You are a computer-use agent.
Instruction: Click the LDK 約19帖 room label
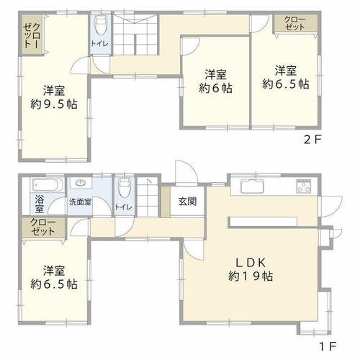pyautogui.click(x=251, y=269)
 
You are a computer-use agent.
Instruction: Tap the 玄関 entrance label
pyautogui.click(x=187, y=202)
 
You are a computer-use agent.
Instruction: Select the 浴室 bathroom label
pyautogui.click(x=40, y=204)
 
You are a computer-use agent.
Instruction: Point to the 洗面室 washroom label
pyautogui.click(x=80, y=202)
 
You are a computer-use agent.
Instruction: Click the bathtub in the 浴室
pyautogui.click(x=48, y=185)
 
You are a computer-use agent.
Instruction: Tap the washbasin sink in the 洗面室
pyautogui.click(x=81, y=184)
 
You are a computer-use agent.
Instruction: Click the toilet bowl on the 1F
pyautogui.click(x=125, y=187)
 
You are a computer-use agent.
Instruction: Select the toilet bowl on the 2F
pyautogui.click(x=101, y=25)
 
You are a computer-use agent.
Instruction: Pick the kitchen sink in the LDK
pyautogui.click(x=252, y=186)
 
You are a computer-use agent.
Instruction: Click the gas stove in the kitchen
pyautogui.click(x=304, y=186)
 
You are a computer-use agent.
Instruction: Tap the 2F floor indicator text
pyautogui.click(x=312, y=140)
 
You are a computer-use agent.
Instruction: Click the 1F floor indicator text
pyautogui.click(x=328, y=346)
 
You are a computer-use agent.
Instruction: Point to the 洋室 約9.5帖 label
pyautogui.click(x=54, y=98)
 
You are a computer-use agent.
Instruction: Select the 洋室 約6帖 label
pyautogui.click(x=215, y=81)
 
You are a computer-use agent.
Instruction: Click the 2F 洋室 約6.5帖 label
pyautogui.click(x=286, y=77)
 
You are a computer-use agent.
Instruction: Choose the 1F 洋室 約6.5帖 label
pyautogui.click(x=54, y=278)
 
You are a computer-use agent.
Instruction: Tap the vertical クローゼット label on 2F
pyautogui.click(x=32, y=35)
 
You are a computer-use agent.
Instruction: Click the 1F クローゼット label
pyautogui.click(x=43, y=228)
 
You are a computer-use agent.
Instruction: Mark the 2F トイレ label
pyautogui.click(x=99, y=44)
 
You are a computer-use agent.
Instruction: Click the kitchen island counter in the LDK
pyautogui.click(x=264, y=222)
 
